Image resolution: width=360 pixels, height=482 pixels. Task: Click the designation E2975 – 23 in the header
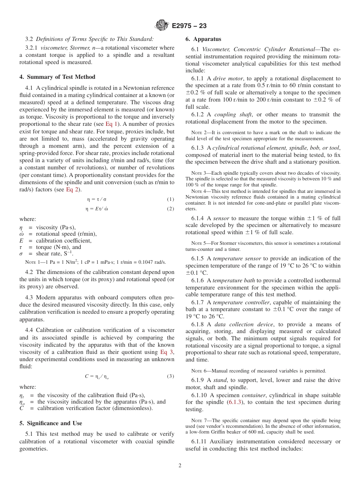pos(189,26)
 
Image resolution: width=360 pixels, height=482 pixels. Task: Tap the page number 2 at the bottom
pos(180,466)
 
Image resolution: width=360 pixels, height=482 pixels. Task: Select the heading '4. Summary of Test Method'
pos(57,77)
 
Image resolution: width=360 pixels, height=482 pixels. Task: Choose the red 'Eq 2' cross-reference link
pos(72,189)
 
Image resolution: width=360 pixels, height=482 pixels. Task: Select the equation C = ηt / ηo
pos(97,376)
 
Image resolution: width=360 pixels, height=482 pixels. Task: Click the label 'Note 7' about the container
pos(199,421)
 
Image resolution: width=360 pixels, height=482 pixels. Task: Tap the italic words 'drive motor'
pos(225,78)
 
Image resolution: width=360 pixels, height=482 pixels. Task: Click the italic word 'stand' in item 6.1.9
pos(220,380)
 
